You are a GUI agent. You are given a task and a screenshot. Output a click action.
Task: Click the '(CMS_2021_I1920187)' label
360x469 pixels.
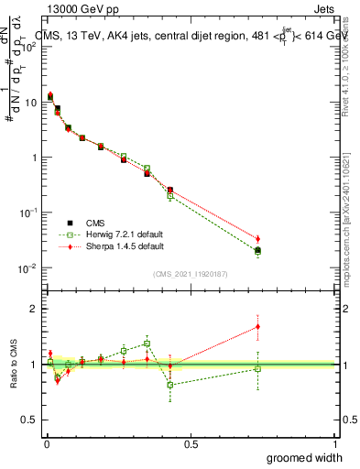coord(191,273)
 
